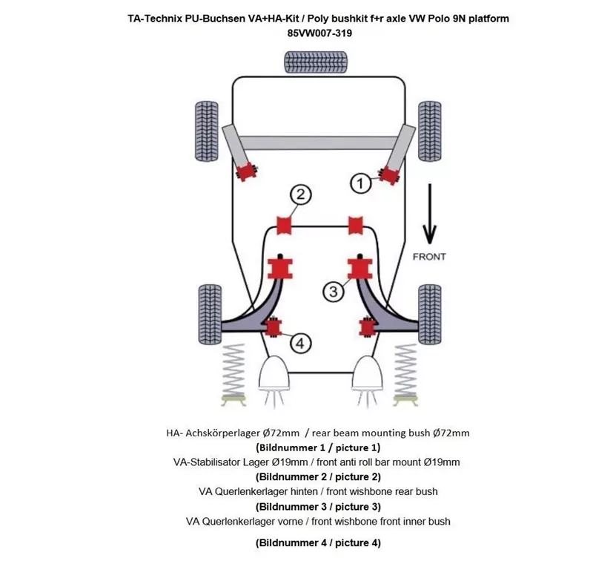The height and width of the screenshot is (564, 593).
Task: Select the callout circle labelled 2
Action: tap(299, 195)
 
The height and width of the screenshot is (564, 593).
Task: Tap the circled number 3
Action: tap(334, 292)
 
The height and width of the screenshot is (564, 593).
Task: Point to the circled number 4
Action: tap(299, 343)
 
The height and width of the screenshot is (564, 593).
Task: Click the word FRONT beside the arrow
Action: tap(428, 256)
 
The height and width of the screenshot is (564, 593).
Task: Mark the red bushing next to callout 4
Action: tap(274, 326)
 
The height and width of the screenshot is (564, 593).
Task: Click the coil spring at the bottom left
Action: tap(233, 371)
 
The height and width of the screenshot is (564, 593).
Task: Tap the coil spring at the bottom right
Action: tap(405, 371)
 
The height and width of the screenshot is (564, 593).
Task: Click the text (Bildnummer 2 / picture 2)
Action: tap(318, 476)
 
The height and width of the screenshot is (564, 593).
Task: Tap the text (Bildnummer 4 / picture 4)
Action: tap(318, 542)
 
